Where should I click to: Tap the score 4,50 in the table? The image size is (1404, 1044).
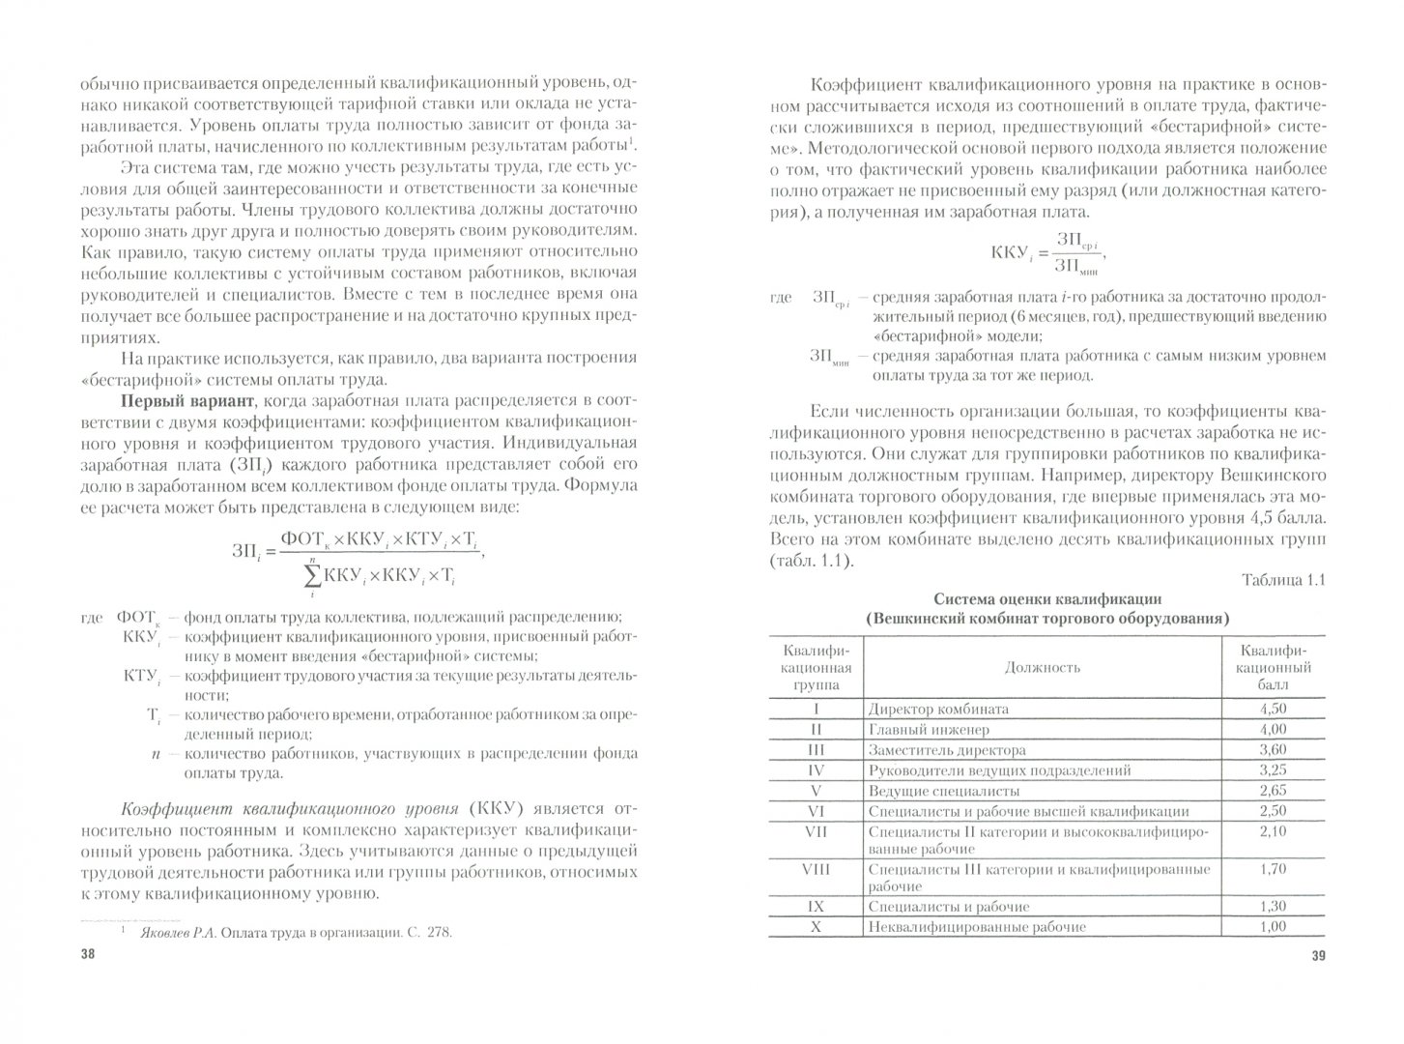(x=1274, y=709)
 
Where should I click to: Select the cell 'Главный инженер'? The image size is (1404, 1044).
(x=929, y=730)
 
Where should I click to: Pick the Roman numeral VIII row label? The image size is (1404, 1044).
(x=817, y=868)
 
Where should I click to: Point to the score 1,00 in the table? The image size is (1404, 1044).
(x=1274, y=926)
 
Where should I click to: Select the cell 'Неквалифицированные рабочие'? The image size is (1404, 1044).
(x=977, y=927)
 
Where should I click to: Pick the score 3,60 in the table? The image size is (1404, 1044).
(x=1274, y=749)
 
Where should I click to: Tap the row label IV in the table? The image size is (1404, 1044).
(x=817, y=770)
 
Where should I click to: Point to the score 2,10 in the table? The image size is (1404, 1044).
(x=1274, y=830)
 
